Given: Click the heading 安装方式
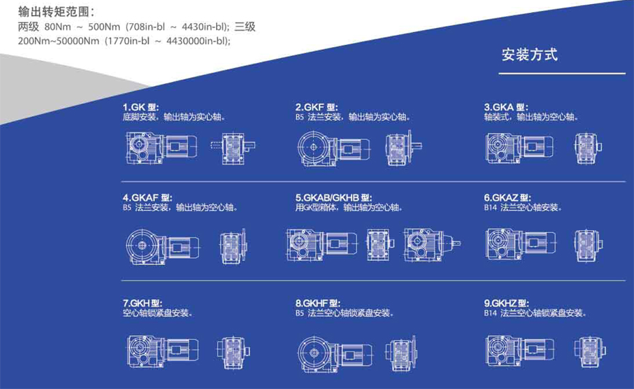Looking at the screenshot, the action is pyautogui.click(x=530, y=55).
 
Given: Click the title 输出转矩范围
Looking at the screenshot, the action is pyautogui.click(x=53, y=12).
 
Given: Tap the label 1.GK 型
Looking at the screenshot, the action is pyautogui.click(x=140, y=107).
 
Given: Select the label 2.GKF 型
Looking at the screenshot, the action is pyautogui.click(x=316, y=107).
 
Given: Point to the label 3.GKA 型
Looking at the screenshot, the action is pyautogui.click(x=506, y=107).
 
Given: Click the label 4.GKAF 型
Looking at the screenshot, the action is pyautogui.click(x=147, y=198).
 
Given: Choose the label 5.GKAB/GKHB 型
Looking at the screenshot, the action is pyautogui.click(x=333, y=198).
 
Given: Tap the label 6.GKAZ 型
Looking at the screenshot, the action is pyautogui.click(x=507, y=198).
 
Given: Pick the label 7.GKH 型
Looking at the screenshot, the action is pyautogui.click(x=142, y=303).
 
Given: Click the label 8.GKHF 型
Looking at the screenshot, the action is pyautogui.click(x=318, y=303).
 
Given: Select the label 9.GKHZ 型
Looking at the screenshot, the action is pyautogui.click(x=507, y=303).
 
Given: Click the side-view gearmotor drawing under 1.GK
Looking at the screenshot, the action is pyautogui.click(x=162, y=147).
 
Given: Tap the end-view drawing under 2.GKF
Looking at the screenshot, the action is pyautogui.click(x=404, y=147).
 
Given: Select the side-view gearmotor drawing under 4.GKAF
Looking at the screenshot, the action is pyautogui.click(x=162, y=246).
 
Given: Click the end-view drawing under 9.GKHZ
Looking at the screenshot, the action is pyautogui.click(x=590, y=351).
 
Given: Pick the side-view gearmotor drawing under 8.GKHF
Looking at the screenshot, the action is pyautogui.click(x=335, y=354).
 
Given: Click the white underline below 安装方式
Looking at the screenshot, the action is pyautogui.click(x=562, y=74).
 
